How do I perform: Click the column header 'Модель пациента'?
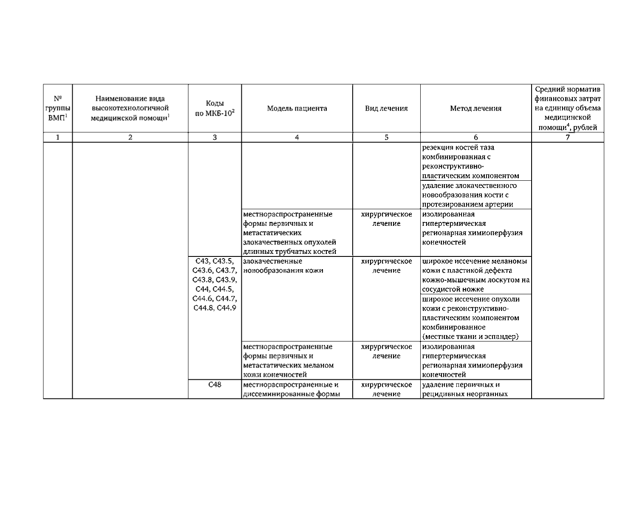[297, 108]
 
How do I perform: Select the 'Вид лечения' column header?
[386, 108]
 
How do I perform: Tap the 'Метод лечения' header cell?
[475, 108]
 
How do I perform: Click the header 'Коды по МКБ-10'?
[215, 108]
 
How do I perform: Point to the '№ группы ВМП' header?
[58, 108]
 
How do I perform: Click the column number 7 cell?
[567, 137]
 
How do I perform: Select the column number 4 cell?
[297, 137]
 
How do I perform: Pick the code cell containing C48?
[215, 385]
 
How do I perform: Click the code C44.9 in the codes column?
[226, 308]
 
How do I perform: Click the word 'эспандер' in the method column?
[503, 337]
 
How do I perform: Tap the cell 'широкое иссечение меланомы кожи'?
[475, 275]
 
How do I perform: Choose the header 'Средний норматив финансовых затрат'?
[567, 108]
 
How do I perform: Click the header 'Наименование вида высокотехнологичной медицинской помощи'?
[130, 108]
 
